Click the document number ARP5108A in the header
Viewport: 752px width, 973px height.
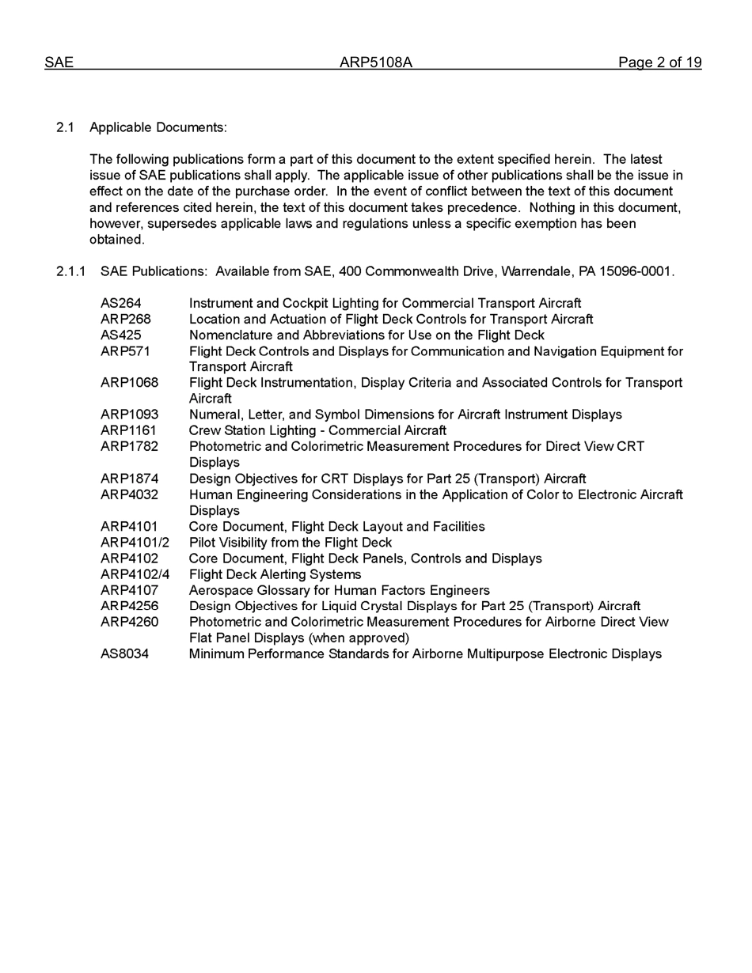tap(375, 62)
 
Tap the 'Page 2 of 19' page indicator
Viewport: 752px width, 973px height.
tap(659, 62)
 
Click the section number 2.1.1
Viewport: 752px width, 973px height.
tap(70, 271)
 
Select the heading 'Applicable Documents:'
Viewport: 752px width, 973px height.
tap(158, 127)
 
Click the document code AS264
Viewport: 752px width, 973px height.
tap(121, 303)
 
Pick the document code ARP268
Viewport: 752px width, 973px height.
tap(125, 319)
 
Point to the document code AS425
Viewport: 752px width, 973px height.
tap(121, 335)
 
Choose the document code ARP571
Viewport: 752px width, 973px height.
tap(125, 350)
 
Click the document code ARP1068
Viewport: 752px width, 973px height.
tap(129, 383)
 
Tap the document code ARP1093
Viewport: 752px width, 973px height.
tap(129, 415)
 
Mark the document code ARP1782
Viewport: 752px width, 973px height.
tap(129, 446)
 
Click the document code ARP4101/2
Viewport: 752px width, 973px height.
tap(135, 542)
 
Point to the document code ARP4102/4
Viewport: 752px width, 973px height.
tap(135, 574)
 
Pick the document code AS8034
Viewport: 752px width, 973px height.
tap(124, 654)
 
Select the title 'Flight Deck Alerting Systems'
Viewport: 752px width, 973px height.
tap(275, 574)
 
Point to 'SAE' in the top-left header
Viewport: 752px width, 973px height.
tap(59, 62)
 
